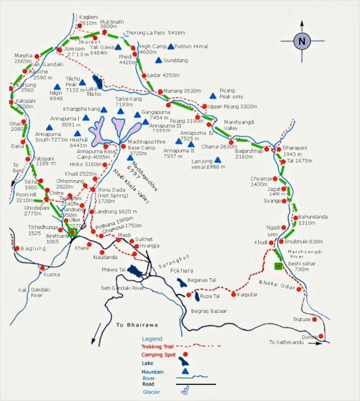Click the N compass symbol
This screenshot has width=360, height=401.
301,40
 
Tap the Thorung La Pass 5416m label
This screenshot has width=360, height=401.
151,33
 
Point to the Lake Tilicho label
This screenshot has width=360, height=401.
92,91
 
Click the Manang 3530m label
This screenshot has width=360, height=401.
181,91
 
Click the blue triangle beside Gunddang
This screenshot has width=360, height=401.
158,60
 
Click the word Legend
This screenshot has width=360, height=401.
152,338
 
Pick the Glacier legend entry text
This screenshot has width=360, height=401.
151,391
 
